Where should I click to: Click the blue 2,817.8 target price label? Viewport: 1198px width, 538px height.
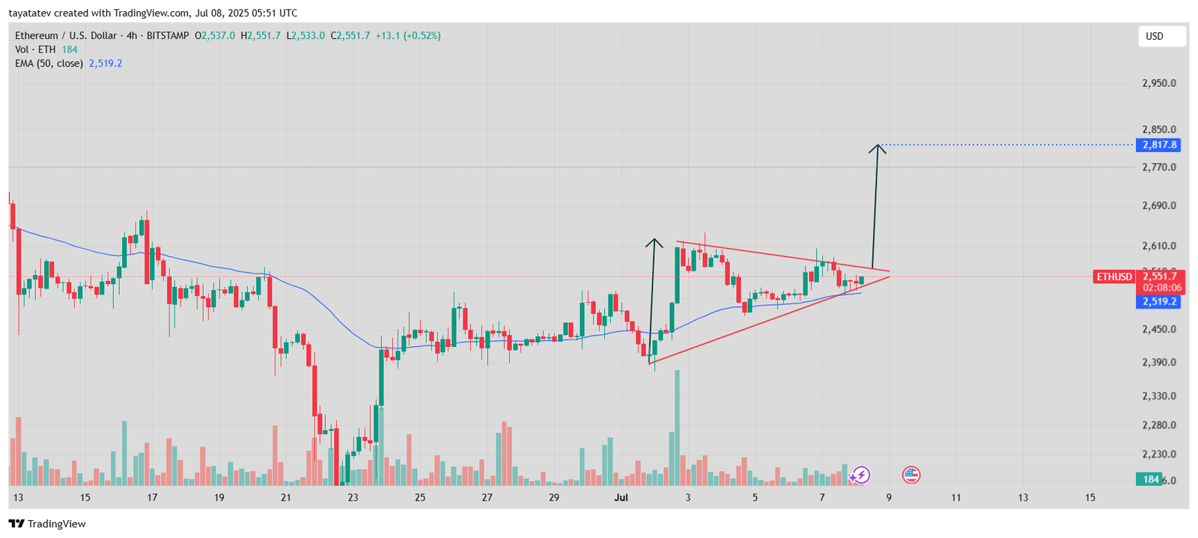pyautogui.click(x=1159, y=145)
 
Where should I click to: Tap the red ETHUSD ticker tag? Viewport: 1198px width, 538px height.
pyautogui.click(x=1114, y=277)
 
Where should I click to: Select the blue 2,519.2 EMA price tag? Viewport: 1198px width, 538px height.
pyautogui.click(x=1159, y=302)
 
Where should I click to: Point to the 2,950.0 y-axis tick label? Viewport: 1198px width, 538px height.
pyautogui.click(x=1158, y=83)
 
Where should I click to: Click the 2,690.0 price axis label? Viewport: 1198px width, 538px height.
pyautogui.click(x=1158, y=205)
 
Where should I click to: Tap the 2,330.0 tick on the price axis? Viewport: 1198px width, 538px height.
pyautogui.click(x=1158, y=396)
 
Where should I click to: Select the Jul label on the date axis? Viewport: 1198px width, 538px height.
pyautogui.click(x=621, y=498)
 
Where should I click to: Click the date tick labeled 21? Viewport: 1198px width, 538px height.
pyautogui.click(x=285, y=498)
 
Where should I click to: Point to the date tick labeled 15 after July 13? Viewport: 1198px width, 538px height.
pyautogui.click(x=1090, y=498)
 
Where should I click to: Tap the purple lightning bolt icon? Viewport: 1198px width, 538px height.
pyautogui.click(x=861, y=474)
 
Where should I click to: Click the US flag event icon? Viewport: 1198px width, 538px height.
pyautogui.click(x=910, y=474)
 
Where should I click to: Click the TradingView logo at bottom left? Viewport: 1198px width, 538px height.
pyautogui.click(x=47, y=524)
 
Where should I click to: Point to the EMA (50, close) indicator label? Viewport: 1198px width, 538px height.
pyautogui.click(x=49, y=64)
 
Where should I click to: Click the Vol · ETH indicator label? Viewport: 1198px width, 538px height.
pyautogui.click(x=35, y=49)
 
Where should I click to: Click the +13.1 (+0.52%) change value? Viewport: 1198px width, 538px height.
pyautogui.click(x=407, y=36)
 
